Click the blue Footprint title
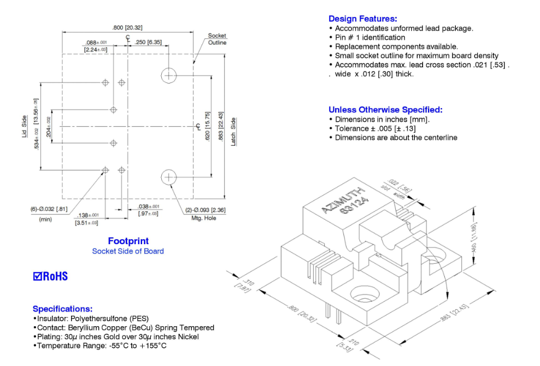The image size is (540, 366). (128, 241)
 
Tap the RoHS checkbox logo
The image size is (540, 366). (50, 276)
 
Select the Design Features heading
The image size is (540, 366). (362, 19)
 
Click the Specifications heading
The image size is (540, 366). (62, 309)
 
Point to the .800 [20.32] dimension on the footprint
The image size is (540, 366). (127, 27)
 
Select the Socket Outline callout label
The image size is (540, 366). (217, 39)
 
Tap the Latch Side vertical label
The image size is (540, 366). (233, 132)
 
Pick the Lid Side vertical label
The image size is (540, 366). (24, 126)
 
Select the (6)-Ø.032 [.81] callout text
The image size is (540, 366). (49, 209)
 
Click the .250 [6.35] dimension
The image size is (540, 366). (148, 42)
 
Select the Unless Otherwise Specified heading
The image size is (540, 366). (385, 110)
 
